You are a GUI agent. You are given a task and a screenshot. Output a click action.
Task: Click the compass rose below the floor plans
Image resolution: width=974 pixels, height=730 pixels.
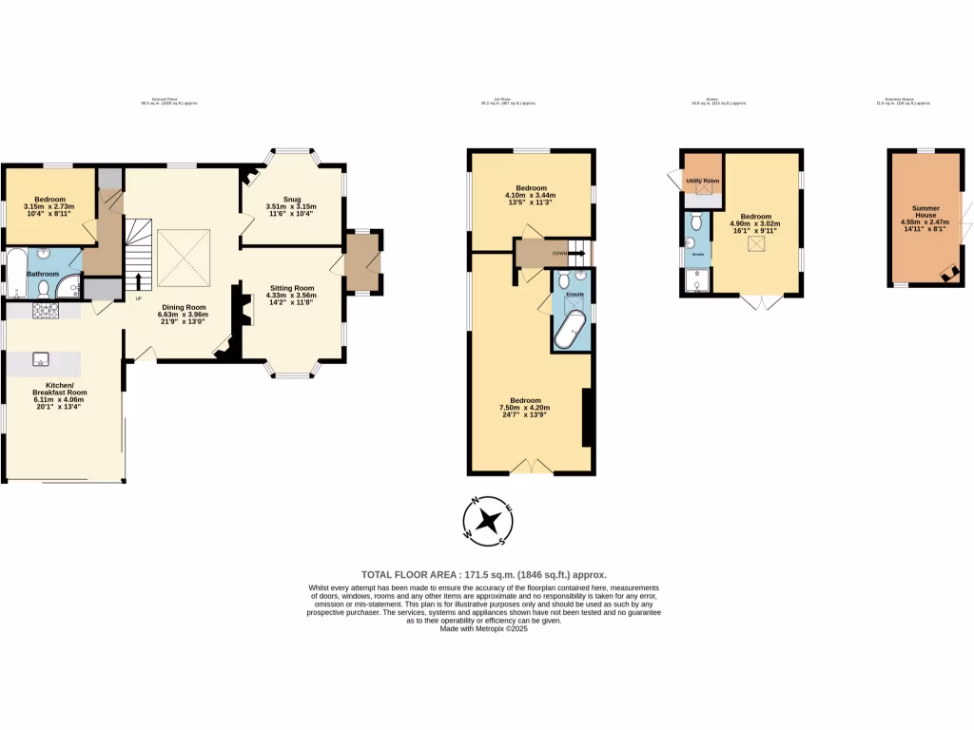click(x=488, y=522)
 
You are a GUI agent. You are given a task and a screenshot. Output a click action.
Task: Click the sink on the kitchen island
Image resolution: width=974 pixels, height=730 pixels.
click(x=42, y=358)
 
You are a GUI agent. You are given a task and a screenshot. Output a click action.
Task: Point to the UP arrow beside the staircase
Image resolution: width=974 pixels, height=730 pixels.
click(x=140, y=280)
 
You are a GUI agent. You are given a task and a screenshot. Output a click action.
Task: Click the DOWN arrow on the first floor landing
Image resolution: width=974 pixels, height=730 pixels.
click(x=575, y=254)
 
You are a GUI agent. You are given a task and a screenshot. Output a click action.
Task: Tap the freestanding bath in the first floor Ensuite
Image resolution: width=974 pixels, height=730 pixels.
click(x=571, y=332)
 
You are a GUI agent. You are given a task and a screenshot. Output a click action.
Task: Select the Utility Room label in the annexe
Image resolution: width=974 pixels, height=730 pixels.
click(x=702, y=181)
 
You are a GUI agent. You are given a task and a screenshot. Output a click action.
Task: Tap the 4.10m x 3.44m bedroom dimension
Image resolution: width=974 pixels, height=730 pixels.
click(x=531, y=196)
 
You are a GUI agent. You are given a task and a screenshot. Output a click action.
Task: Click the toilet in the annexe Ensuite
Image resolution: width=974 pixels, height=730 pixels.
click(x=697, y=221)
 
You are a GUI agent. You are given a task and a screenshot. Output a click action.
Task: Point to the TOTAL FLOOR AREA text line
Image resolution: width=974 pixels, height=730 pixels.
click(x=483, y=575)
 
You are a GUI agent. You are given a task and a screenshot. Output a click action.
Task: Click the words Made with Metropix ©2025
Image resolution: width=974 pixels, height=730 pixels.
click(x=483, y=628)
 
